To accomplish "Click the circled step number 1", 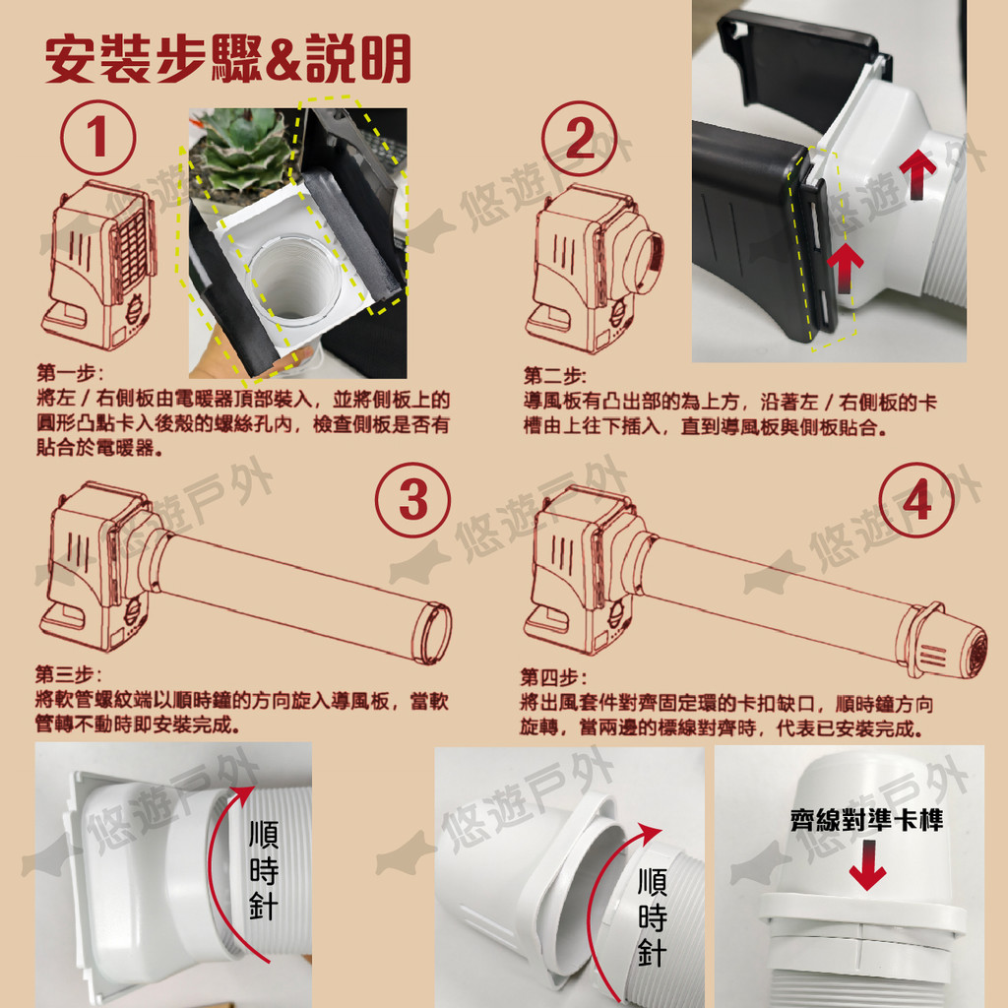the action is (x=97, y=138).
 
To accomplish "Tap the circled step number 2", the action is (x=579, y=138).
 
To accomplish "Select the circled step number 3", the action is (x=412, y=500).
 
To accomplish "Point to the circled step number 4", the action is (x=916, y=500).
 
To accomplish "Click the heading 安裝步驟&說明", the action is (x=228, y=59).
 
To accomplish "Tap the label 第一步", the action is (x=70, y=373).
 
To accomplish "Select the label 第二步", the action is (x=554, y=376).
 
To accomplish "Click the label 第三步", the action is (x=68, y=674).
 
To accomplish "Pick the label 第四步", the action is (x=553, y=677).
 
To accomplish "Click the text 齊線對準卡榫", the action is (x=866, y=820).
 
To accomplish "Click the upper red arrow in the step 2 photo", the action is (x=917, y=173).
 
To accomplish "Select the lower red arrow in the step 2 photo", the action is (x=846, y=268).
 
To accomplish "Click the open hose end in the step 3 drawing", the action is (x=431, y=633).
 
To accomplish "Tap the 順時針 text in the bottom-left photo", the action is (x=264, y=870).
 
